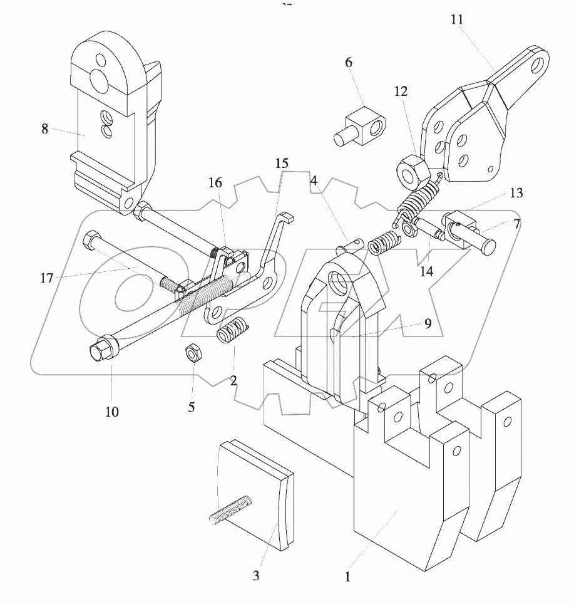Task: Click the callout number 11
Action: [457, 19]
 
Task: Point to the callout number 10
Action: [112, 412]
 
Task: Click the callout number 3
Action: [256, 575]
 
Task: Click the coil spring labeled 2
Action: [232, 329]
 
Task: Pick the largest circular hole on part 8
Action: [98, 80]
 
